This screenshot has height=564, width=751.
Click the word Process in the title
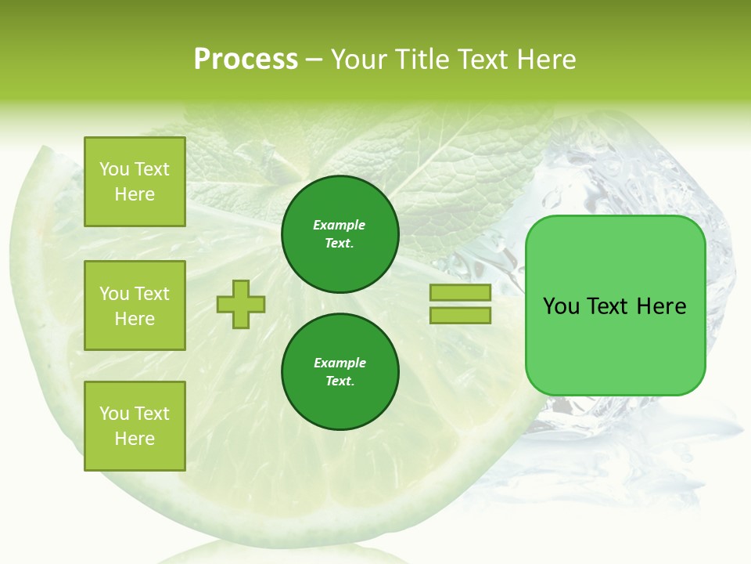click(246, 60)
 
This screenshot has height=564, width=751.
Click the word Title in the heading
click(421, 60)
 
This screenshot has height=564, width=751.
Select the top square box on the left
click(135, 182)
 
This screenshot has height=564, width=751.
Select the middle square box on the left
click(135, 305)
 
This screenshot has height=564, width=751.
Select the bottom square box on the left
click(135, 426)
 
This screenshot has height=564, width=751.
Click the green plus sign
click(241, 304)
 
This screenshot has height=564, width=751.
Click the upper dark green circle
click(340, 234)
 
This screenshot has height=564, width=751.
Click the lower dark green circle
click(340, 372)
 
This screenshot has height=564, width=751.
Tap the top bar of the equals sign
click(460, 293)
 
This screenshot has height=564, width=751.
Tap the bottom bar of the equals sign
click(460, 316)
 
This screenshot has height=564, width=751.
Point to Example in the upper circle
click(340, 226)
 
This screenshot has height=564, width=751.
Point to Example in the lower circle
click(340, 363)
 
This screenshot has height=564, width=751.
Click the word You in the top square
click(114, 169)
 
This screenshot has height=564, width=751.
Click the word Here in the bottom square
click(135, 439)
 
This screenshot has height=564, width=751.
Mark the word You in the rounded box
click(561, 306)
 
